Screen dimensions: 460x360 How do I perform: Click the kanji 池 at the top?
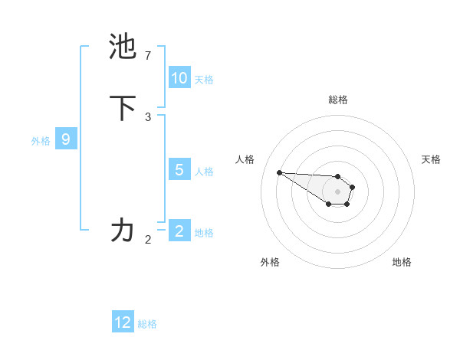pyautogui.click(x=123, y=47)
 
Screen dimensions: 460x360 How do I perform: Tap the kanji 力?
pyautogui.click(x=123, y=230)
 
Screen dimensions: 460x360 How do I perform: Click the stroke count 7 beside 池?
pyautogui.click(x=148, y=56)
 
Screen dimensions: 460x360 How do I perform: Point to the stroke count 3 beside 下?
pyautogui.click(x=148, y=117)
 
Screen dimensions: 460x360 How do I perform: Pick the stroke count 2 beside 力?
pyautogui.click(x=148, y=240)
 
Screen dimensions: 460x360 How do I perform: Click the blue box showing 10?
pyautogui.click(x=179, y=78)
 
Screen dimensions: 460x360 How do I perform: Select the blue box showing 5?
pyautogui.click(x=179, y=170)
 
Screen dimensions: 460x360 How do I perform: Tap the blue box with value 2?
pyautogui.click(x=179, y=231)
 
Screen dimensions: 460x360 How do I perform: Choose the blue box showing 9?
pyautogui.click(x=66, y=139)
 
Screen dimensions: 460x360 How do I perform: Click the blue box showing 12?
pyautogui.click(x=123, y=322)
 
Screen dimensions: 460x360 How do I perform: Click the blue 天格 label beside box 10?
pyautogui.click(x=204, y=79)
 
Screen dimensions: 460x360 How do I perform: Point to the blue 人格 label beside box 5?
pyautogui.click(x=204, y=171)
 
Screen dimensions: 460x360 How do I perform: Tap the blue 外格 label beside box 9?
pyautogui.click(x=41, y=140)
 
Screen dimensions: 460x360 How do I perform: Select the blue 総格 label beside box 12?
pyautogui.click(x=147, y=324)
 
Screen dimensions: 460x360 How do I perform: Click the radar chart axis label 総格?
pyautogui.click(x=338, y=100)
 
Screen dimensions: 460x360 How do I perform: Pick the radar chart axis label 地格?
pyautogui.click(x=402, y=262)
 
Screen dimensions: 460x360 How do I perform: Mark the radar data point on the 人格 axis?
pyautogui.click(x=279, y=172)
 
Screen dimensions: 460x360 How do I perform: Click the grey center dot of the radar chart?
pyautogui.click(x=337, y=191)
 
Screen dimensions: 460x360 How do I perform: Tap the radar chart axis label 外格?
pyautogui.click(x=270, y=262)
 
